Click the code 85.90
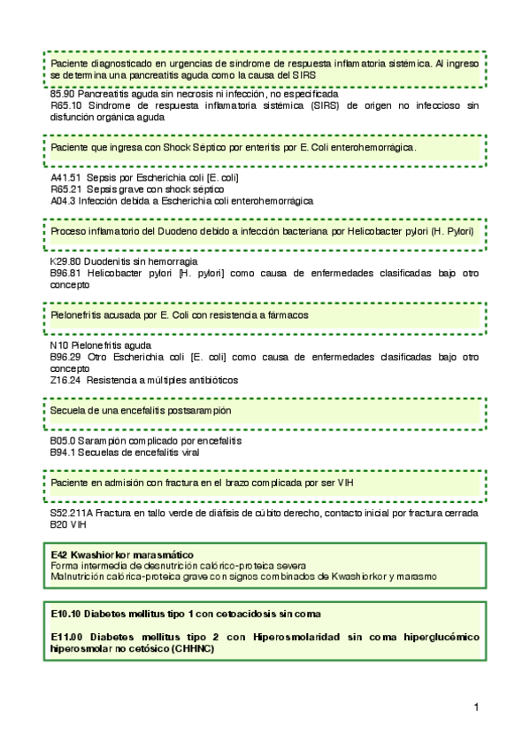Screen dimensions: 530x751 (62, 94)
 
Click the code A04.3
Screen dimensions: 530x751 (63, 200)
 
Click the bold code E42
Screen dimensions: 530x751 (59, 554)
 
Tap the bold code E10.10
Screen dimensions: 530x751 (66, 614)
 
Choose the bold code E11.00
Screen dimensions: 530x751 (66, 637)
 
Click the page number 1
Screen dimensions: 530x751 (477, 707)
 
